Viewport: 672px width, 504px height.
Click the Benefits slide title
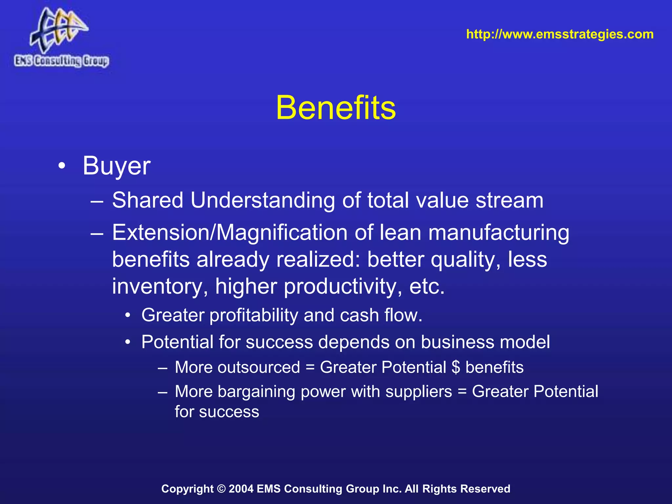[336, 108]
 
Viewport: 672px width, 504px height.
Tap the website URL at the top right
[560, 34]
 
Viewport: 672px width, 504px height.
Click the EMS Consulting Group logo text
[61, 61]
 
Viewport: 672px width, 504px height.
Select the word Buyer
[116, 166]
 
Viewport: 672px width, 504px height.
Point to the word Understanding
[262, 200]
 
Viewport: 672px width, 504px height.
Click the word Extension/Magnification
[230, 233]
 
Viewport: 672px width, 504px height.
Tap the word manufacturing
[499, 233]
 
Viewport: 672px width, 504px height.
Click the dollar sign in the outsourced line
[456, 367]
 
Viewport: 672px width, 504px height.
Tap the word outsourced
[259, 367]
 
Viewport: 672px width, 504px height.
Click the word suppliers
[419, 392]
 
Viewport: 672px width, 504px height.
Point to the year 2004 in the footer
[241, 489]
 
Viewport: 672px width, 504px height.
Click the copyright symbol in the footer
[221, 489]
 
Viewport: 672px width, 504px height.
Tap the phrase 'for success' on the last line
[217, 412]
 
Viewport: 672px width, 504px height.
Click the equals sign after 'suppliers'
[462, 392]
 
